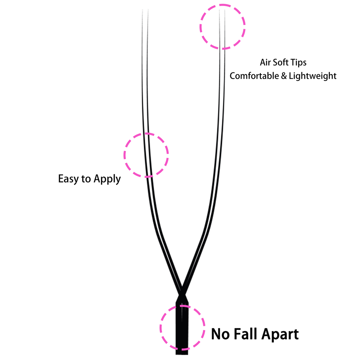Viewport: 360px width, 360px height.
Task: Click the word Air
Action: point(265,63)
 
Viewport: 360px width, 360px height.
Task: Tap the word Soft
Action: point(280,62)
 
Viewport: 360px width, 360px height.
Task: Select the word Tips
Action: point(298,63)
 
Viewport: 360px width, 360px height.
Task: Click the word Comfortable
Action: point(254,76)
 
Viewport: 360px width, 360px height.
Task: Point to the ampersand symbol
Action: point(284,76)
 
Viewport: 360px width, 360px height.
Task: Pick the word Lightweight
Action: point(313,76)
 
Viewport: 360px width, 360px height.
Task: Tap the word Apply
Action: point(107,179)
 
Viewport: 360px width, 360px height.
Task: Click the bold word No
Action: point(220,334)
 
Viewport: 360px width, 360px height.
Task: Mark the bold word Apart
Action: point(280,334)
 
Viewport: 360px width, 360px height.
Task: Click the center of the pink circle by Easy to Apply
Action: point(146,155)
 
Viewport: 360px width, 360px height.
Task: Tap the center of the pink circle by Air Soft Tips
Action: point(223,27)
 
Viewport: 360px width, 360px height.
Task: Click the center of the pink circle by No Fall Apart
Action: point(182,328)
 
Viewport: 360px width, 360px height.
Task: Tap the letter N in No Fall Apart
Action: point(216,334)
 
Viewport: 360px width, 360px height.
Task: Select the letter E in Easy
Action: point(60,179)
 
